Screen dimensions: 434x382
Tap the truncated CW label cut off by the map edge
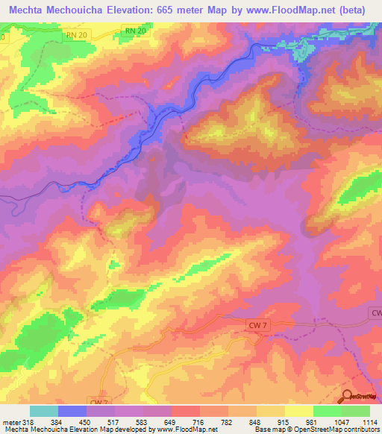(x=375, y=315)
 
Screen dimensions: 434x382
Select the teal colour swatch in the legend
(x=43, y=411)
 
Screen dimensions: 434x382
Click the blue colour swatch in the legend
(x=72, y=411)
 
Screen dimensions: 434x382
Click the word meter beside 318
(x=10, y=422)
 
